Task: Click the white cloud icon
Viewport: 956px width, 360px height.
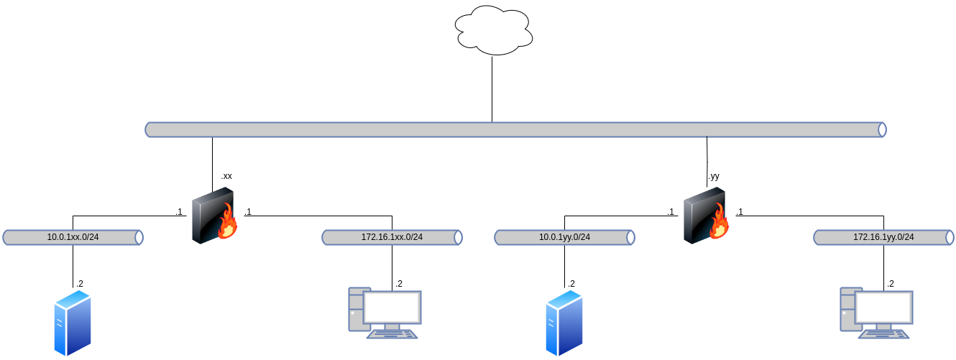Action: tap(495, 30)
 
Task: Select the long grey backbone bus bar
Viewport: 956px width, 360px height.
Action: tap(515, 129)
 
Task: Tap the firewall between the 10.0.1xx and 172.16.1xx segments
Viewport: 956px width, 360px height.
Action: tap(213, 215)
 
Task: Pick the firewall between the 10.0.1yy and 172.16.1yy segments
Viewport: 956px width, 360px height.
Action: tap(705, 215)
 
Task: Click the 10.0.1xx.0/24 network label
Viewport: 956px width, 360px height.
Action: tap(73, 237)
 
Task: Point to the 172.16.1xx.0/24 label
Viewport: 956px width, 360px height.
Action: tap(392, 237)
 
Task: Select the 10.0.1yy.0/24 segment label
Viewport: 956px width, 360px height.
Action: tap(564, 237)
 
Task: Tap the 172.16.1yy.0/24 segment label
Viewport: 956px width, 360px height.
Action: tap(883, 237)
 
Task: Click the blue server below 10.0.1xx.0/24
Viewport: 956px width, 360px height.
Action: tap(73, 323)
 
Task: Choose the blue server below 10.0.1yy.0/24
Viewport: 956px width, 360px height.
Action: tap(564, 323)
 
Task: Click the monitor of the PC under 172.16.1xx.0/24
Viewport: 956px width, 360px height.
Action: tap(392, 308)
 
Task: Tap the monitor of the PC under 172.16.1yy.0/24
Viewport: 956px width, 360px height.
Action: tap(884, 308)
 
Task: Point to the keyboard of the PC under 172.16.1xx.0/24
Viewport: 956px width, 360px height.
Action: tap(392, 333)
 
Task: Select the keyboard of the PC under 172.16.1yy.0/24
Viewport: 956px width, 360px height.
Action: tap(884, 333)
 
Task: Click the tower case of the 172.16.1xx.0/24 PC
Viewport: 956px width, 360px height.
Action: tap(355, 309)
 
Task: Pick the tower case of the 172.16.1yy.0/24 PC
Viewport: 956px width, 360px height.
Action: tap(847, 309)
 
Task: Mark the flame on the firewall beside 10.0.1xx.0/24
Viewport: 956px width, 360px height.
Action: tap(228, 222)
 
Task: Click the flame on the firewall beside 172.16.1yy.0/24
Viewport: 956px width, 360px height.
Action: tap(720, 222)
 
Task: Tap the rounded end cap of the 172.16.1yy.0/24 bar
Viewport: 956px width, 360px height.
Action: tap(950, 237)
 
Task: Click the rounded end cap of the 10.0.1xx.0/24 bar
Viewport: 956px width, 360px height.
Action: tap(139, 237)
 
